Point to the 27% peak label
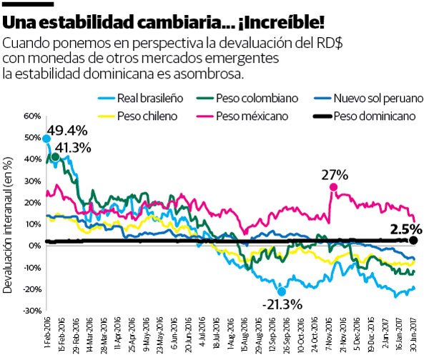(334, 173)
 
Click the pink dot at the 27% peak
(333, 187)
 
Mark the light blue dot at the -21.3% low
(281, 291)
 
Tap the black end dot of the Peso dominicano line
(414, 241)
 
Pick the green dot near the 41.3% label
(55, 156)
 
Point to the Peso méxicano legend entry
(241, 115)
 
